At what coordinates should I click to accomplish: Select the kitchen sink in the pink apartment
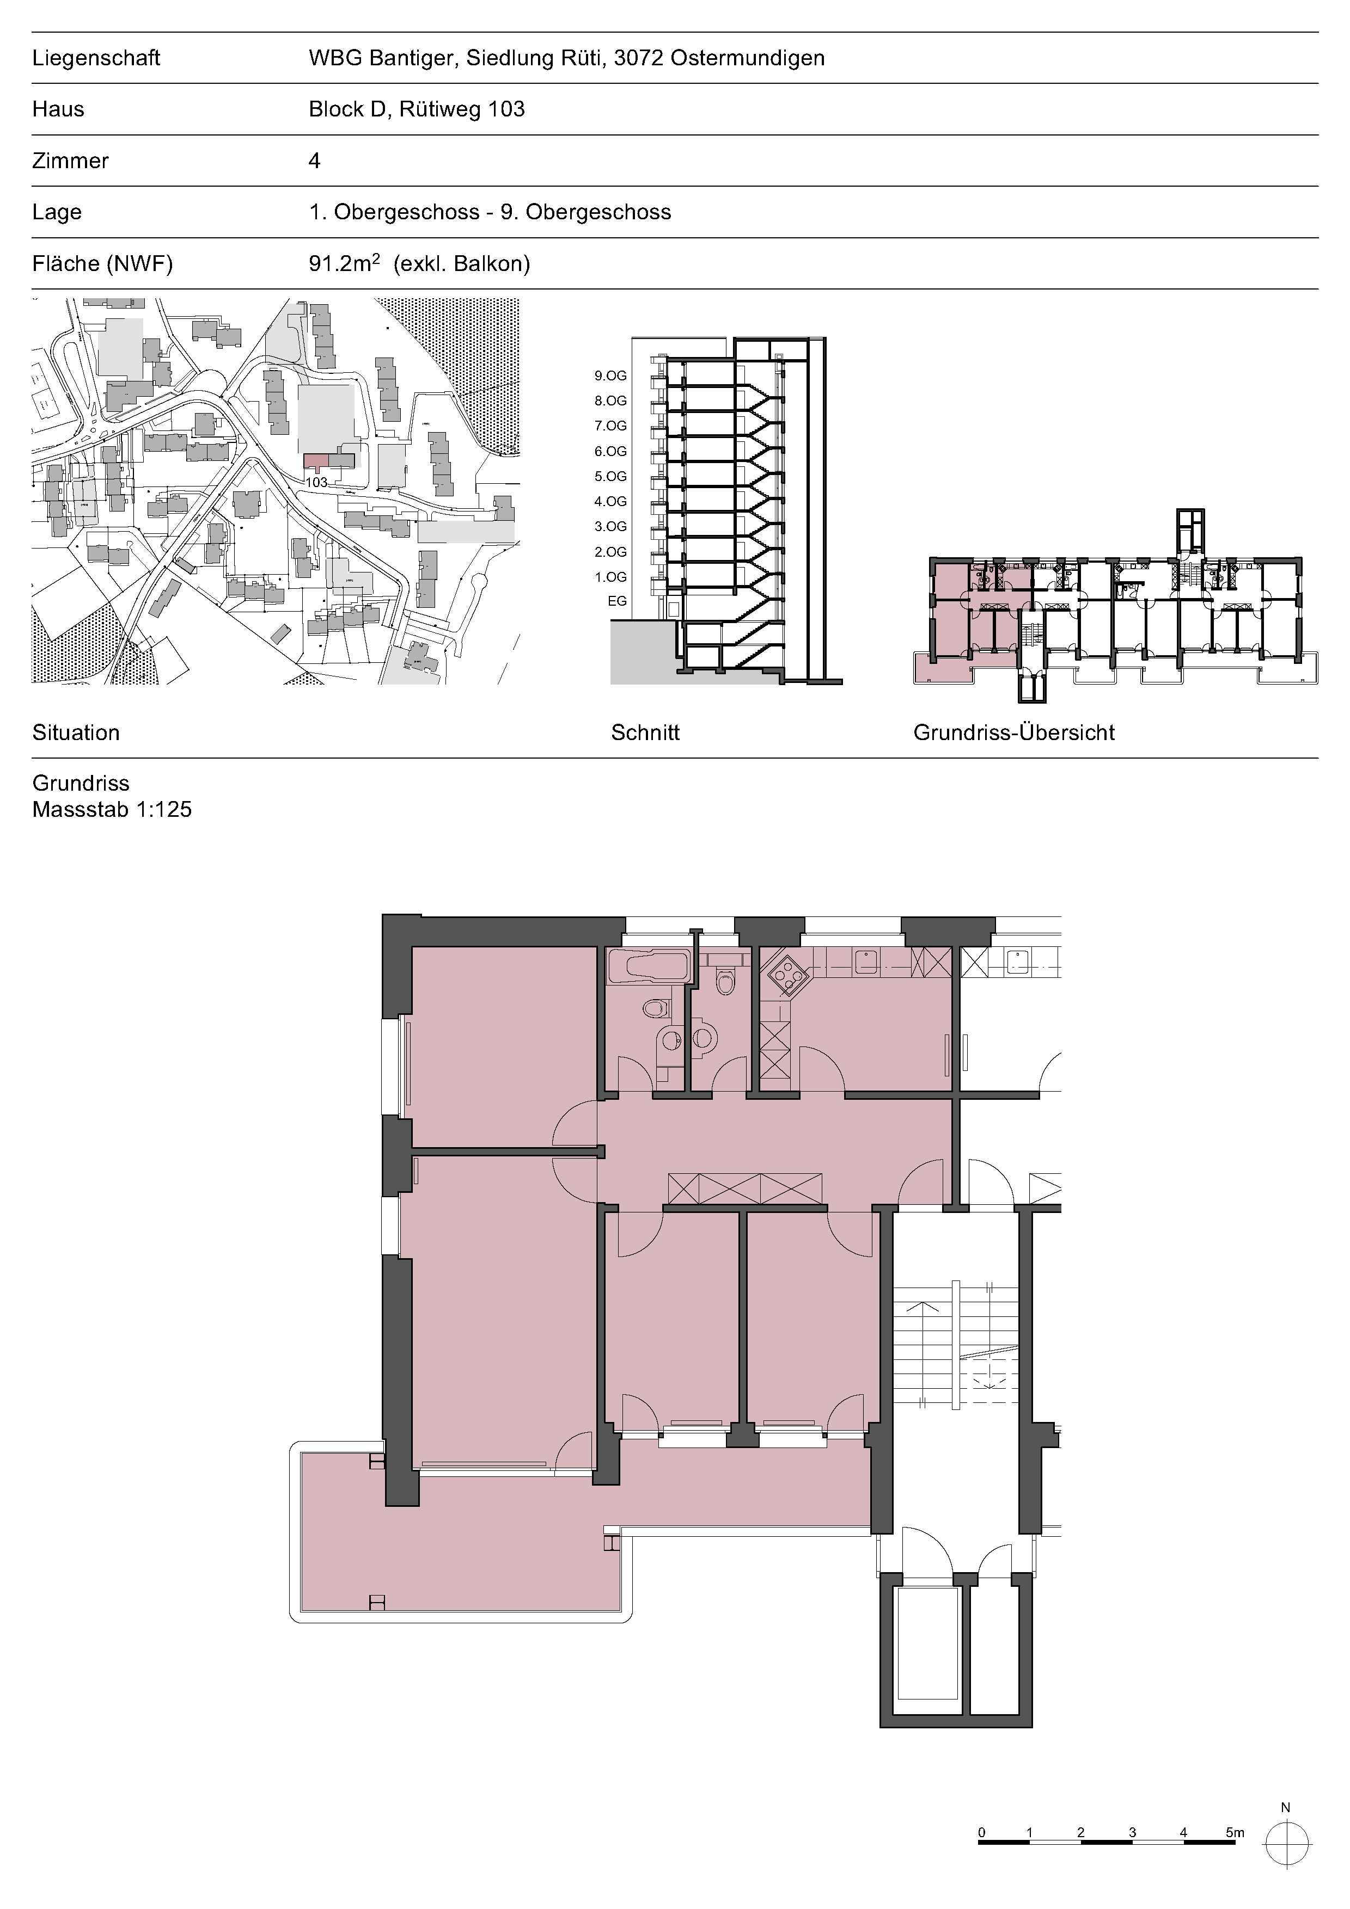pyautogui.click(x=867, y=961)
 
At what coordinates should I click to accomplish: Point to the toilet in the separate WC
pyautogui.click(x=726, y=982)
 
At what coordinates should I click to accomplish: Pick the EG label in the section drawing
pyautogui.click(x=617, y=601)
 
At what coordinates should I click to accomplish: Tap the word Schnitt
pyautogui.click(x=645, y=732)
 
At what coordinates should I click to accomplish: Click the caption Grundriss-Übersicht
pyautogui.click(x=1014, y=732)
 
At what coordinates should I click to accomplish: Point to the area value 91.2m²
pyautogui.click(x=344, y=263)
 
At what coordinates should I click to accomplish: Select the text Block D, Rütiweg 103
pyautogui.click(x=417, y=109)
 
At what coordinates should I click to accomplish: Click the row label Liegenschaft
pyautogui.click(x=96, y=58)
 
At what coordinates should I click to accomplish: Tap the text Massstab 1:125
pyautogui.click(x=112, y=809)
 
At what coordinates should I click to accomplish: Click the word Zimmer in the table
pyautogui.click(x=71, y=161)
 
